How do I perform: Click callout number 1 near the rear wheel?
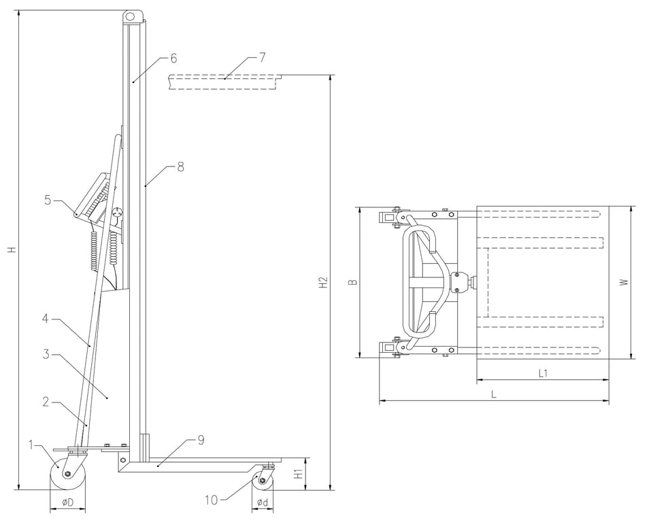pyautogui.click(x=31, y=445)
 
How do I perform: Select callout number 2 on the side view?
pyautogui.click(x=45, y=402)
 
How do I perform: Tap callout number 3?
pyautogui.click(x=45, y=354)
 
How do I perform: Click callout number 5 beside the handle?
pyautogui.click(x=48, y=200)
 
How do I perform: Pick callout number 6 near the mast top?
pyautogui.click(x=173, y=58)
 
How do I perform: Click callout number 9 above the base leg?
pyautogui.click(x=201, y=440)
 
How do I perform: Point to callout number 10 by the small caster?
pyautogui.click(x=211, y=500)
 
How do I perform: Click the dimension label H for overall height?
pyautogui.click(x=11, y=251)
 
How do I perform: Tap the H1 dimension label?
pyautogui.click(x=298, y=474)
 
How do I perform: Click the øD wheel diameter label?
pyautogui.click(x=68, y=503)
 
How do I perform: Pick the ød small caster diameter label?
pyautogui.click(x=262, y=503)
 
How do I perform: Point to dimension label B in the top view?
pyautogui.click(x=352, y=282)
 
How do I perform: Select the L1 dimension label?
pyautogui.click(x=543, y=373)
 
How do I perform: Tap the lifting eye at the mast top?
pyautogui.click(x=133, y=15)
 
